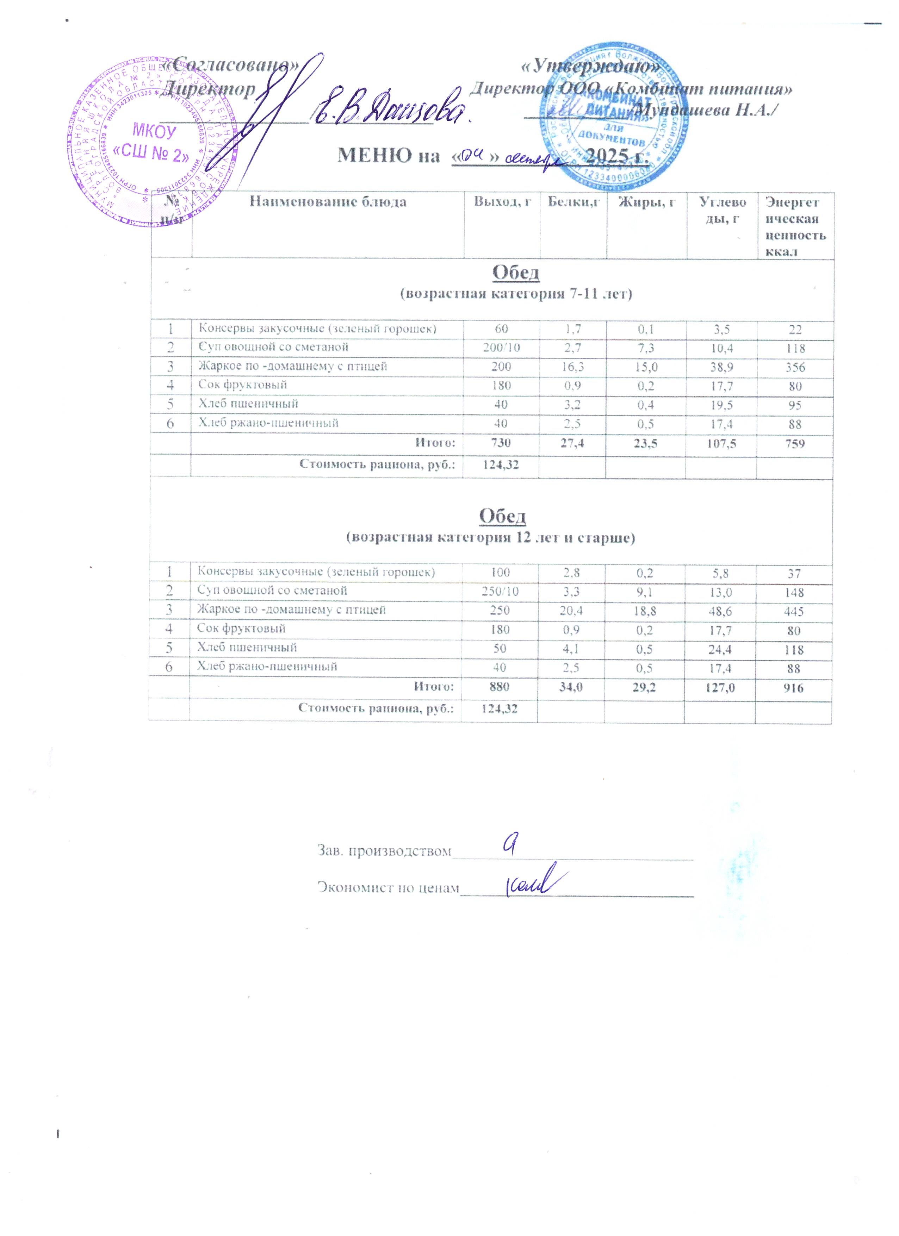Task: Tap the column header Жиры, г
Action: pos(646,202)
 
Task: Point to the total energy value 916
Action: pos(794,688)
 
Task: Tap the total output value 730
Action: pos(501,443)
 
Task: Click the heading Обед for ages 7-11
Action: pos(516,273)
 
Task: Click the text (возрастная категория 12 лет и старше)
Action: pos(491,538)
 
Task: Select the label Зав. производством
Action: pos(384,851)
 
